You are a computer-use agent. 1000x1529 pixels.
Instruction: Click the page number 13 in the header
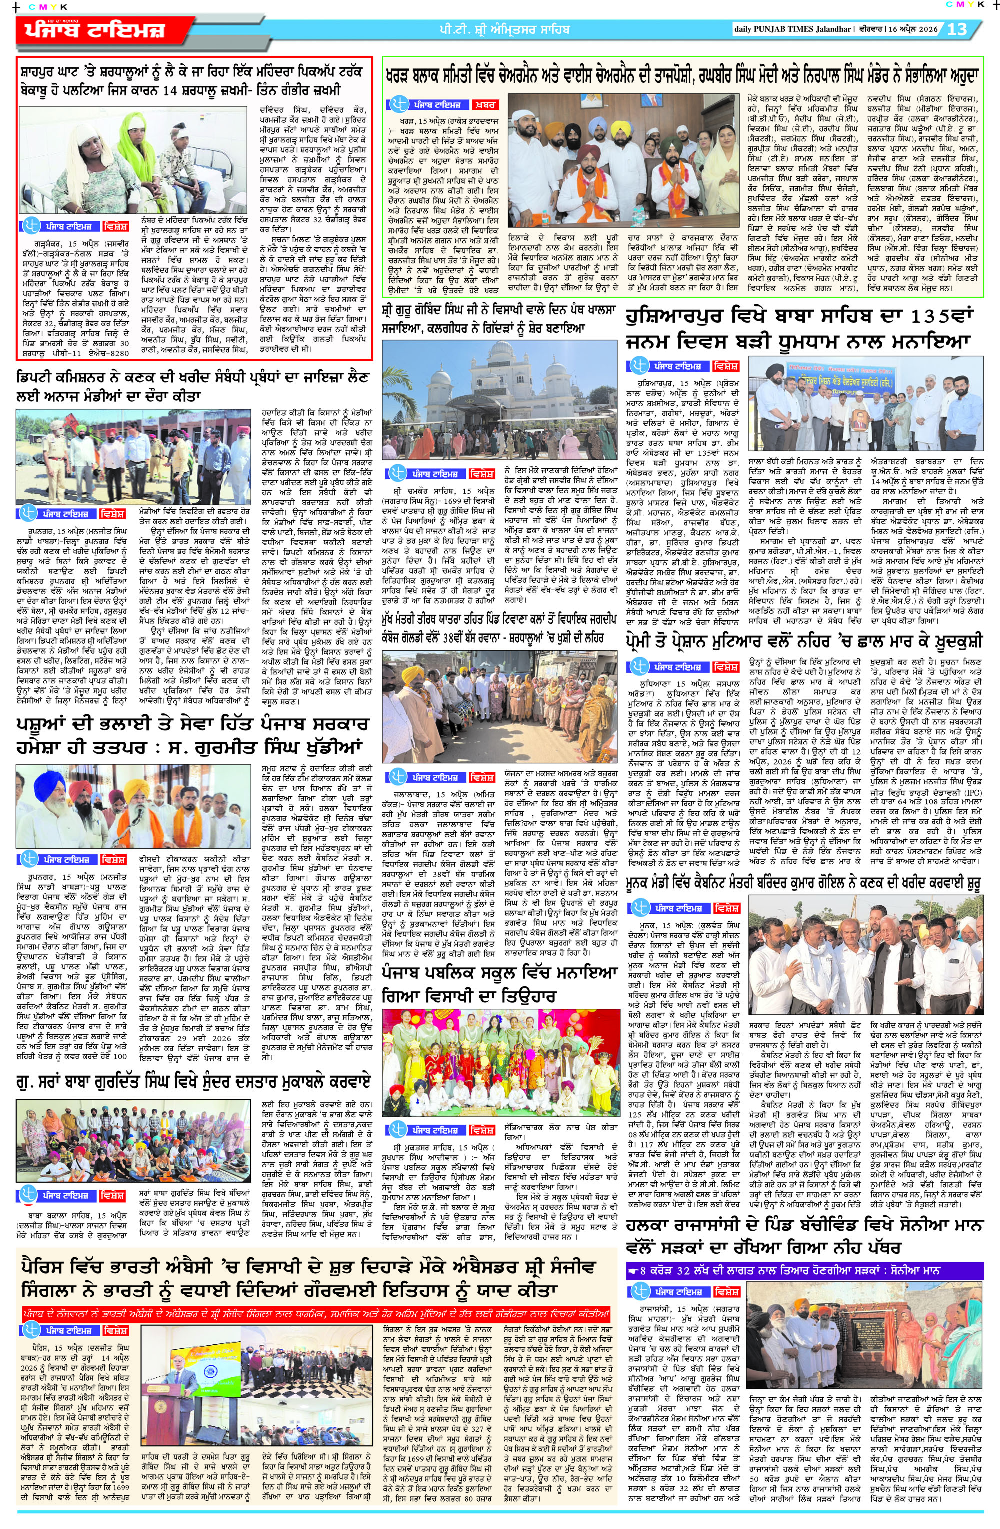(957, 29)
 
